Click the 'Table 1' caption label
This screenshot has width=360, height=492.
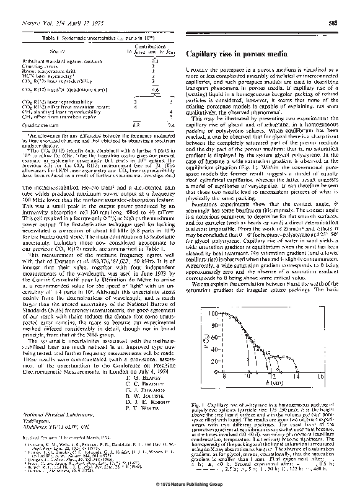(x=58, y=37)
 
